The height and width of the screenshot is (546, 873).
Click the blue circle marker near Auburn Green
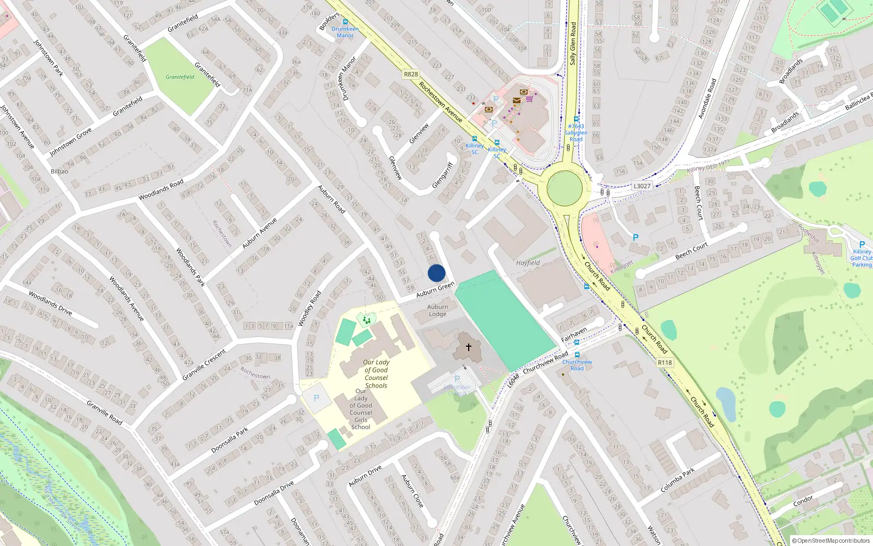coord(436,273)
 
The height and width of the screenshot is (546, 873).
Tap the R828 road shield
coord(411,74)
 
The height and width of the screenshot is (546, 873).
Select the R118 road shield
coord(665,363)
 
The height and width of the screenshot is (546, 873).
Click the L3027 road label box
coord(642,186)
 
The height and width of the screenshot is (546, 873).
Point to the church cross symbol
coord(468,347)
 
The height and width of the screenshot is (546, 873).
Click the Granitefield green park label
coord(180,77)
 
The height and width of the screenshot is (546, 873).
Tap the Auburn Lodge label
coord(438,310)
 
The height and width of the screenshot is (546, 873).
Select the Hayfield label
coord(528,263)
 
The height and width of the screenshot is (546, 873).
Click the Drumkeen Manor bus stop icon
coord(345,22)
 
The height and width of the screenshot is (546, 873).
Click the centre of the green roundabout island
coord(564,188)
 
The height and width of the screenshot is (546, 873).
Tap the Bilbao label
coord(59,171)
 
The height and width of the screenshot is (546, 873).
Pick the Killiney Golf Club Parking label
coord(862,258)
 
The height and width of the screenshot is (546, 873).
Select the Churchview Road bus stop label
coord(577,365)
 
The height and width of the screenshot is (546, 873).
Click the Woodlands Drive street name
coord(50,303)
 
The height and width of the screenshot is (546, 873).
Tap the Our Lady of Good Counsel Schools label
coord(376,374)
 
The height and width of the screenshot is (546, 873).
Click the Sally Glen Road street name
coord(573,44)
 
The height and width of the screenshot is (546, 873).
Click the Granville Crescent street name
coord(204,365)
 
